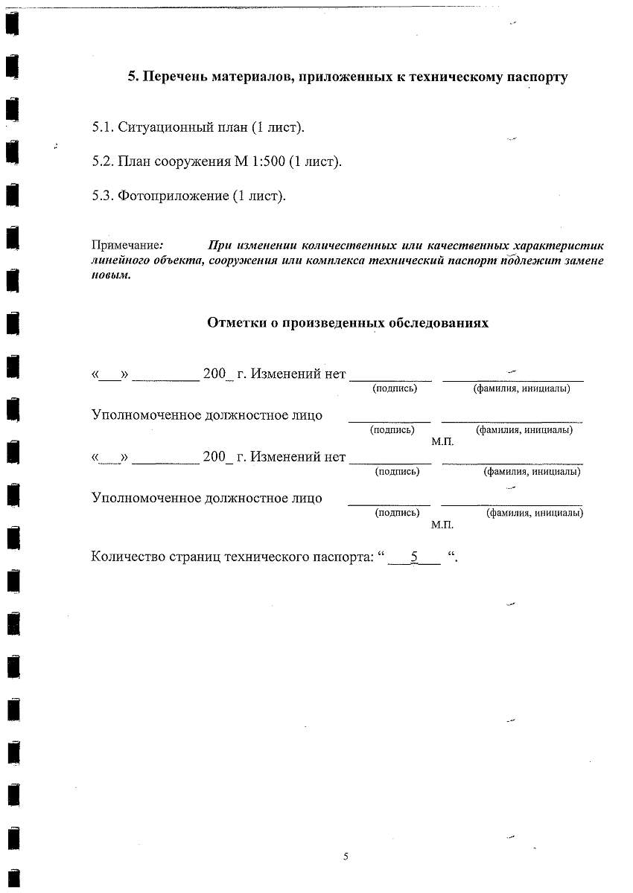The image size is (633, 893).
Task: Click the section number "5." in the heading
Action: coord(133,77)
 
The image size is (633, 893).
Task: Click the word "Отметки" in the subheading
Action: coord(233,324)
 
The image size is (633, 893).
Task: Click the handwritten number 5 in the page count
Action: coord(415,556)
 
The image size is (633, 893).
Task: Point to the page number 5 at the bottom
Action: coord(346,857)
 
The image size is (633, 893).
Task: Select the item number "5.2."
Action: coord(102,162)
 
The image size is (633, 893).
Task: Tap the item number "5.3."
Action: coord(102,196)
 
